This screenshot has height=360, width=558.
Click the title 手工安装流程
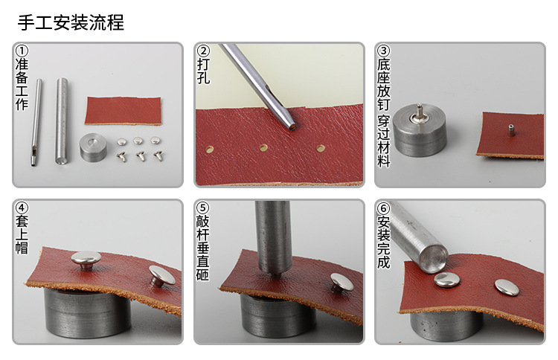pos(71,22)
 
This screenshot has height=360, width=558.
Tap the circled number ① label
pos(22,51)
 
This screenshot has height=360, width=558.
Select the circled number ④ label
pos(22,209)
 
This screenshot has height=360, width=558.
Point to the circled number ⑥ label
pos(384,209)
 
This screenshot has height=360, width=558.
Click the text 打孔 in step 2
pos(203,71)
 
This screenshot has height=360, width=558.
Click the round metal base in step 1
pos(94,146)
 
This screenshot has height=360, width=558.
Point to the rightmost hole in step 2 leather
pos(321,149)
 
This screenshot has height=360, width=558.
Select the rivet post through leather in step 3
pos(511,129)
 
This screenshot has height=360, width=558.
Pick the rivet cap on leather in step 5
pos(342,281)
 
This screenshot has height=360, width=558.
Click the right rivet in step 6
pos(505,286)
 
